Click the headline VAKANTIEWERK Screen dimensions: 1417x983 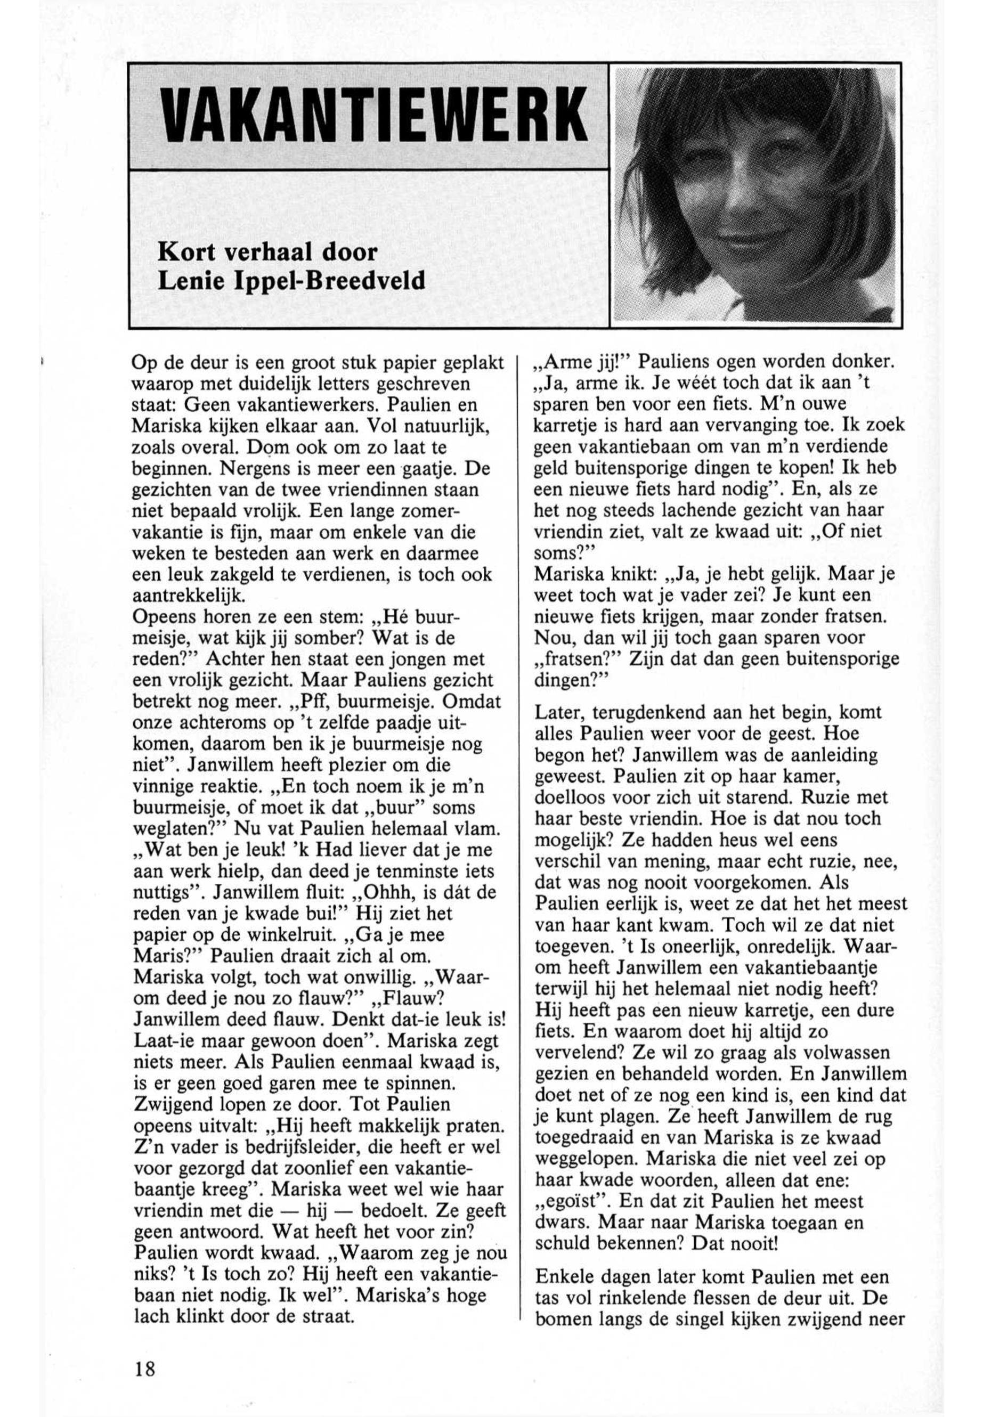(368, 116)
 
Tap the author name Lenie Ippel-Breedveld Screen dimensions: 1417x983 (291, 281)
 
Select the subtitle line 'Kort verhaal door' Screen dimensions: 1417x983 (267, 253)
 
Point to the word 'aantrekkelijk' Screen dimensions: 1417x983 (190, 596)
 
